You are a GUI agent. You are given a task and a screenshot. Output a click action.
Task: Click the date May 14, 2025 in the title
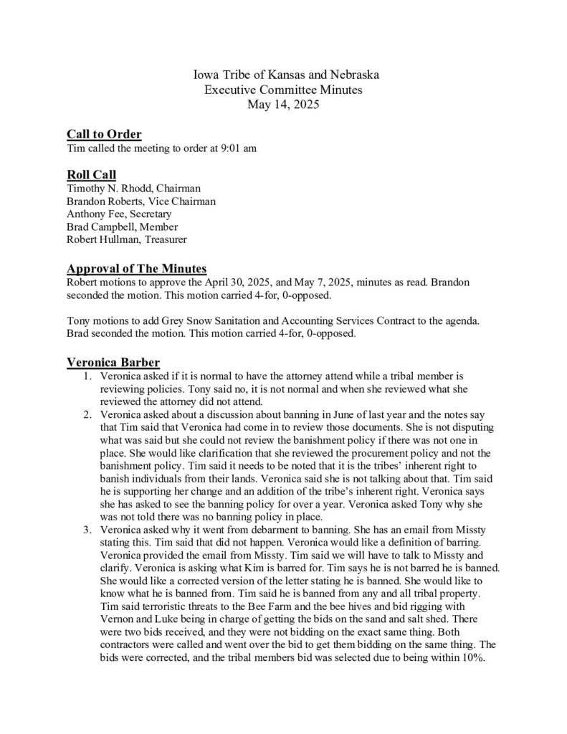(x=283, y=104)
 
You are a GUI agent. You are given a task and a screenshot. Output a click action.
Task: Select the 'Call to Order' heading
(x=104, y=134)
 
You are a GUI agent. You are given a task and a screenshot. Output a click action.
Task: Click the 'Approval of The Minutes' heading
(x=136, y=268)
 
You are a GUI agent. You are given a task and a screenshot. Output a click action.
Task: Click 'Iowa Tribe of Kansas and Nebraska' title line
(x=283, y=75)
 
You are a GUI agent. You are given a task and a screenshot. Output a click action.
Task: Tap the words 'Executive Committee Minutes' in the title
(x=283, y=90)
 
